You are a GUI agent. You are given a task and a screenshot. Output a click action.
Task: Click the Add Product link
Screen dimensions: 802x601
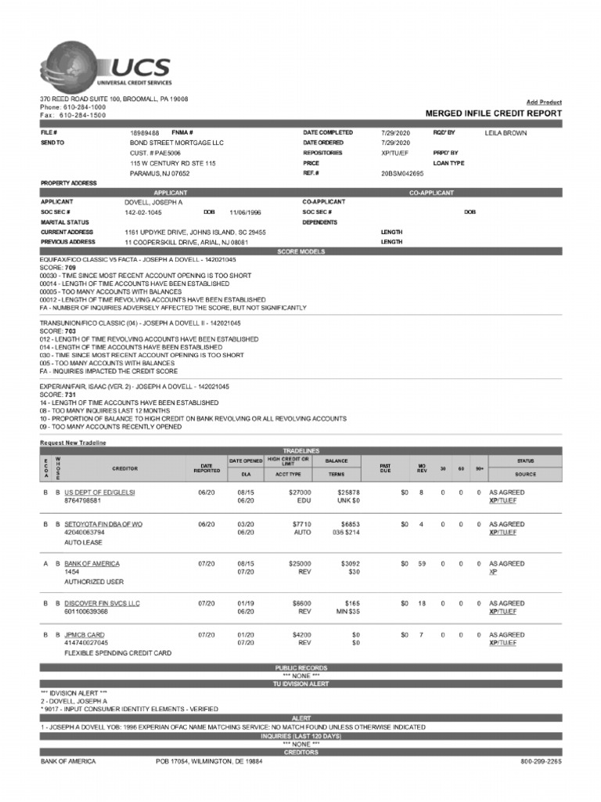(x=543, y=102)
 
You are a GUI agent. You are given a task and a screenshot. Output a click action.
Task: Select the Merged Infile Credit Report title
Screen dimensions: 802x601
(x=493, y=114)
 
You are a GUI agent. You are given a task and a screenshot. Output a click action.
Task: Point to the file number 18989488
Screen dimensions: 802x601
(x=145, y=133)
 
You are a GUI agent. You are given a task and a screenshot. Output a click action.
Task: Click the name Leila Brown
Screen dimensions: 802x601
(x=506, y=133)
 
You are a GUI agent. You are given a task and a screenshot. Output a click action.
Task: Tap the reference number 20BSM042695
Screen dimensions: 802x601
(x=401, y=173)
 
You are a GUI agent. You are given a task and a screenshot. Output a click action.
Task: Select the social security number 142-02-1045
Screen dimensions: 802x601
(x=144, y=212)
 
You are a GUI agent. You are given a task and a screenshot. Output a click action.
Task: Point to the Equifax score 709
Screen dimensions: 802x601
(x=70, y=267)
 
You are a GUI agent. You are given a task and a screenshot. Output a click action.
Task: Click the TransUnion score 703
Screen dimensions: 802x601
(x=70, y=331)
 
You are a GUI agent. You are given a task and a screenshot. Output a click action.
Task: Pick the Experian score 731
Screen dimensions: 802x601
(x=70, y=395)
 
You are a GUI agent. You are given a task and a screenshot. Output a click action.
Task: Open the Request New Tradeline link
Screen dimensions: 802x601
(x=73, y=443)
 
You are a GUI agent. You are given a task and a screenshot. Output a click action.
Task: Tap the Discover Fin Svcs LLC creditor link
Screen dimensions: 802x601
(x=102, y=604)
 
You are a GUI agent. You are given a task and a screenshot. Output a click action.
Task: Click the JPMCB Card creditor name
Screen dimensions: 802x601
(x=85, y=635)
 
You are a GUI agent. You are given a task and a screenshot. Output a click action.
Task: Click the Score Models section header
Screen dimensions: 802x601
(x=300, y=251)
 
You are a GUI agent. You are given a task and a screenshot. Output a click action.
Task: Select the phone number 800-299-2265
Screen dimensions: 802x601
(x=541, y=761)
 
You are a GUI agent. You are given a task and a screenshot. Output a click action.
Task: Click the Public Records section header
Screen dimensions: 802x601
(x=300, y=667)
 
